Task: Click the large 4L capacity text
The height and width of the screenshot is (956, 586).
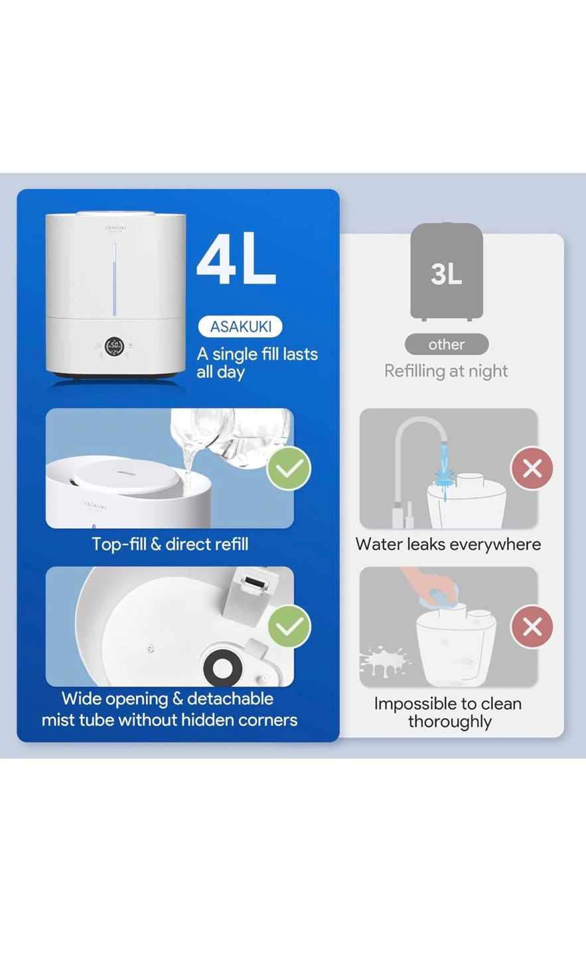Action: tap(236, 258)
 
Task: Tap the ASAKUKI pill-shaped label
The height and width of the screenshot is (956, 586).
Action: tap(240, 327)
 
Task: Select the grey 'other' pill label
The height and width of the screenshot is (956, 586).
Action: tap(447, 344)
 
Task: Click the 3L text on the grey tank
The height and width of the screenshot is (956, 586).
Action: tap(446, 274)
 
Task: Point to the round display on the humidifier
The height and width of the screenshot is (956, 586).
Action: tap(114, 346)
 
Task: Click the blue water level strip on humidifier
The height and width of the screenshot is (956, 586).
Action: tap(114, 279)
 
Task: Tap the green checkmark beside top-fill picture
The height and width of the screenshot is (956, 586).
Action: tap(289, 468)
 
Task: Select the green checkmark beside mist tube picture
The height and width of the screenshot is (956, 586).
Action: tap(289, 626)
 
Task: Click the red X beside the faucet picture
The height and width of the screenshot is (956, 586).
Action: tap(532, 468)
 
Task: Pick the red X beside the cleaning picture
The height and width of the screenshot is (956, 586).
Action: tap(532, 627)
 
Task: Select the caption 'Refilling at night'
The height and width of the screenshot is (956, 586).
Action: tap(446, 371)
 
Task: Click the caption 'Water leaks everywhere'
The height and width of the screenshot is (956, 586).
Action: tap(448, 544)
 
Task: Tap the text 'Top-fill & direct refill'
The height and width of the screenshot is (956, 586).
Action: tap(170, 544)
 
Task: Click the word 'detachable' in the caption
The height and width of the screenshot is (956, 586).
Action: tap(230, 698)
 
